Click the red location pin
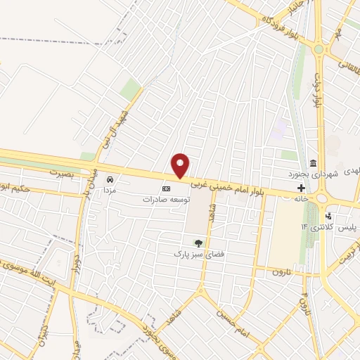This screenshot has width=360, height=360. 181,165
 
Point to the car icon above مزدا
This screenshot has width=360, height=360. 109,179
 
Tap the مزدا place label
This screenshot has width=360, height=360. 109,190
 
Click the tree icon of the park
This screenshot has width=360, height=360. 197,243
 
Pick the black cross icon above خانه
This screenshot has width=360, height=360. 302,188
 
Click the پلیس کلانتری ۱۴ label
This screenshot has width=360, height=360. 324,228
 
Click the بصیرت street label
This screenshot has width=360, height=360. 62,172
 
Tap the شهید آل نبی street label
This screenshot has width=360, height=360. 115,125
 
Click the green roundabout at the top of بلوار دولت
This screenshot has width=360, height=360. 319,49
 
